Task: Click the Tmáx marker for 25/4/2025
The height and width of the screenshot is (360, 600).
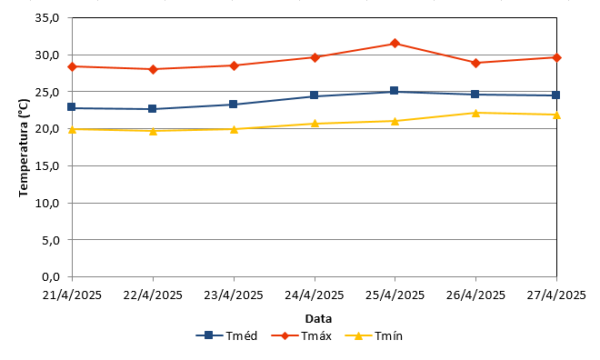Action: coord(395,44)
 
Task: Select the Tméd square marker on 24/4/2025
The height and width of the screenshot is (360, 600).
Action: coord(315,95)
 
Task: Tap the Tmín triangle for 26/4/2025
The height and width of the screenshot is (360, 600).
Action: coord(475,113)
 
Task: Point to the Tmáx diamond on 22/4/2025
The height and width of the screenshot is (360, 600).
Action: coord(153,69)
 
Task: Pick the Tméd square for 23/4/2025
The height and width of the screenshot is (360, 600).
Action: coord(233,104)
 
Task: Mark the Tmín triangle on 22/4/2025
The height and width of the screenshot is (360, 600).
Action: coord(153,131)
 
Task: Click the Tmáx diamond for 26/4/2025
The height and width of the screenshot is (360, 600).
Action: coord(475,63)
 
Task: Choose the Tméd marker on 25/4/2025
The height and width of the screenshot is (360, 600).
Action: coord(395,91)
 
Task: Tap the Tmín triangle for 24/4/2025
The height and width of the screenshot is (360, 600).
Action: coord(315,124)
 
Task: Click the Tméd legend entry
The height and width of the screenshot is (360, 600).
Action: coord(226,335)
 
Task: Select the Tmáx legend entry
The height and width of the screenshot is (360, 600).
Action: coord(302,335)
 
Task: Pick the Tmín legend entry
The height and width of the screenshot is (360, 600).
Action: coord(374,335)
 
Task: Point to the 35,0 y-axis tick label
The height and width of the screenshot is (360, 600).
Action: coord(47,18)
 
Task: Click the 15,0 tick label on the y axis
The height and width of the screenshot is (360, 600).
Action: coord(47,166)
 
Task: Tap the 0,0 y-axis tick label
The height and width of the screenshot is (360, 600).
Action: coord(50,277)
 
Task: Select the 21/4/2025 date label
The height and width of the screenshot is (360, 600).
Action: coord(72,295)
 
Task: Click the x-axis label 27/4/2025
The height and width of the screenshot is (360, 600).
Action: coord(556,295)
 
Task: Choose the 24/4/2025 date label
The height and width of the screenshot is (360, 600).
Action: coord(315,295)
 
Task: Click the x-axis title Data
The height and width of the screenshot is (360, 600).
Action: coord(318,319)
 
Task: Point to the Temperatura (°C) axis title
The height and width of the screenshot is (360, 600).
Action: coord(24,147)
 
